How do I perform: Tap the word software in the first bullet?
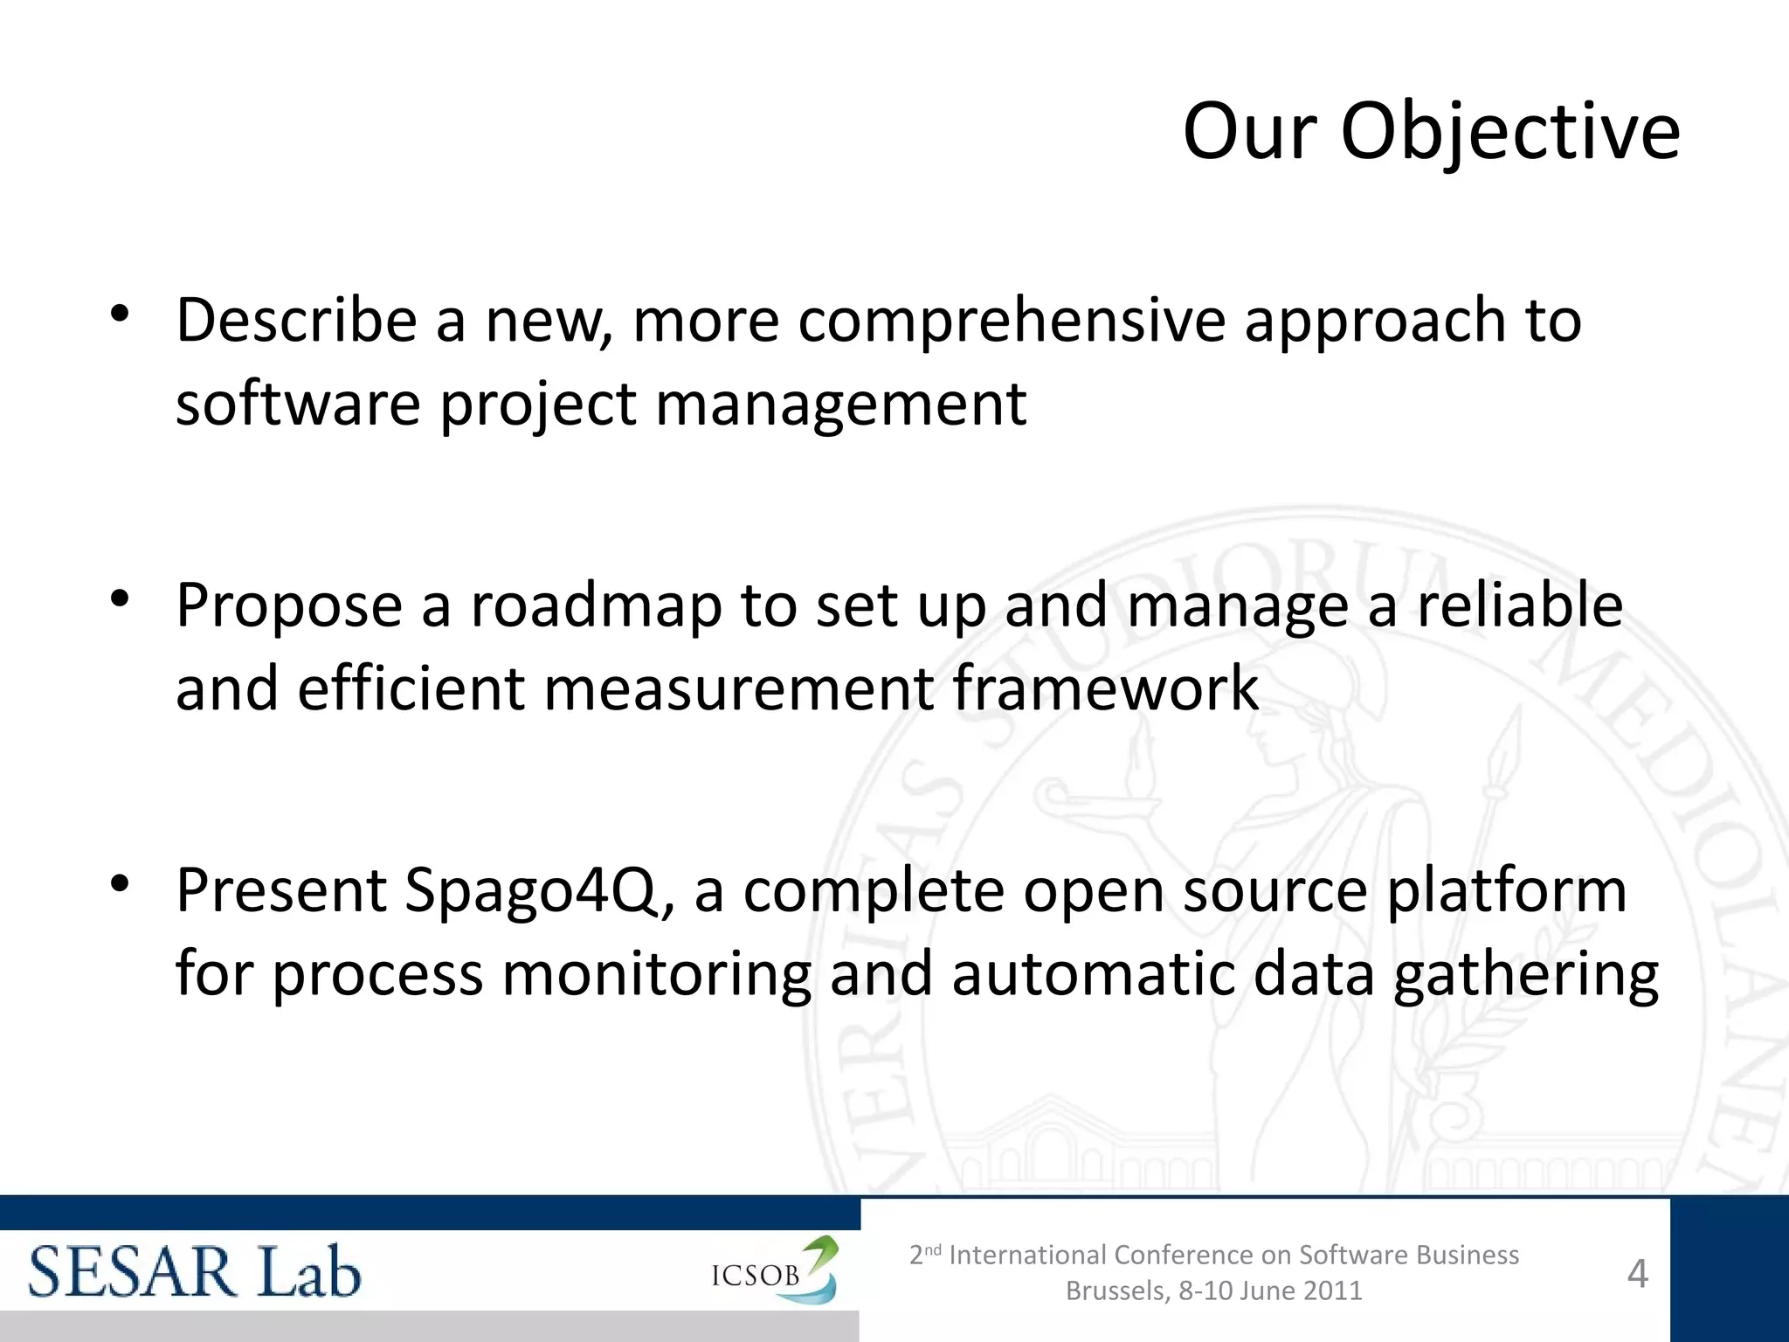(x=298, y=404)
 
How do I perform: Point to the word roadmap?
(x=596, y=605)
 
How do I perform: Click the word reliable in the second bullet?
(x=1519, y=605)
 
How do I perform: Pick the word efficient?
(x=411, y=688)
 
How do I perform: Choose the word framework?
(x=1105, y=688)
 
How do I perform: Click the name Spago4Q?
(x=537, y=891)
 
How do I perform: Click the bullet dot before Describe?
(x=121, y=314)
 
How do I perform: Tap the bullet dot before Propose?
(x=121, y=598)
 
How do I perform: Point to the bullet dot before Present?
(x=121, y=883)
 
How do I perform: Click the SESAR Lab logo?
(x=194, y=1272)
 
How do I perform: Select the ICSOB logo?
(x=774, y=1271)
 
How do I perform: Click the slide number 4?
(x=1637, y=1274)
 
